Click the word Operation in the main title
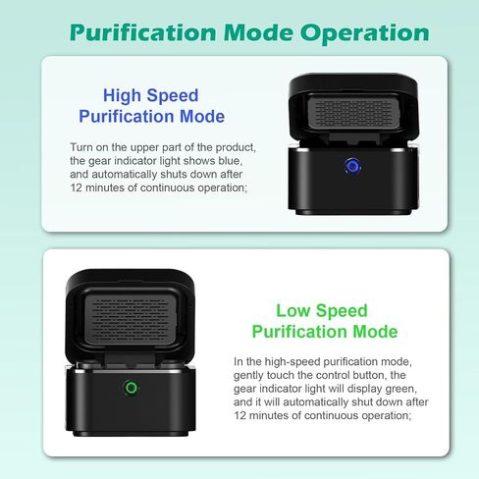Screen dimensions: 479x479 (364, 33)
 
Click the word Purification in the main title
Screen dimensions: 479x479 (143, 32)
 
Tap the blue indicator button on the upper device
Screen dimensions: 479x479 (352, 166)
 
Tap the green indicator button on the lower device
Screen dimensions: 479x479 (132, 388)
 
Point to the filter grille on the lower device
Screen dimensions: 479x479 (132, 318)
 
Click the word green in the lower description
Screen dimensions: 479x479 (400, 389)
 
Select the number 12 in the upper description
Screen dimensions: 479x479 (76, 188)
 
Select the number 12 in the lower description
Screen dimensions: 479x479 (239, 415)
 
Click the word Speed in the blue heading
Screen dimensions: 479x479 (172, 96)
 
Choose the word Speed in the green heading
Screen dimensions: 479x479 (342, 311)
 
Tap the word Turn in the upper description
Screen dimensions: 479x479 (81, 147)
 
